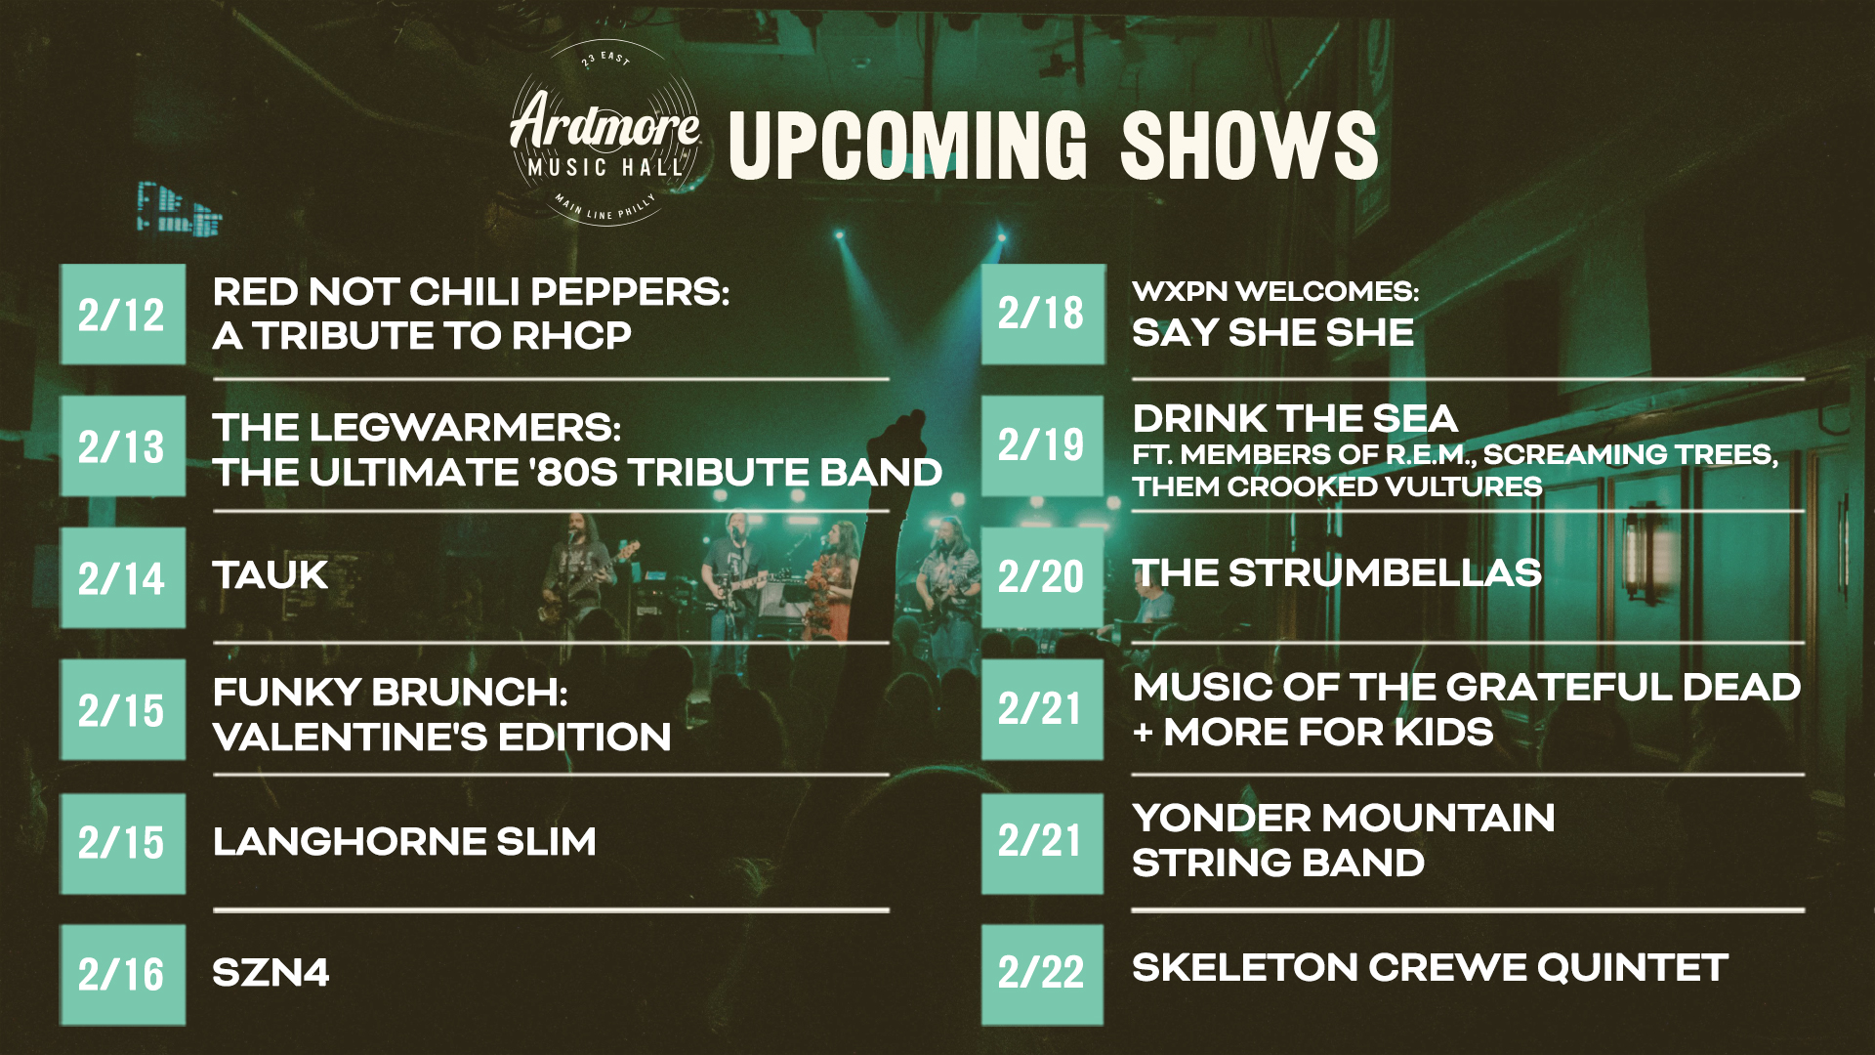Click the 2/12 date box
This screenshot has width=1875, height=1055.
tap(123, 315)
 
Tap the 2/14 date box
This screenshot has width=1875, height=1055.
tap(123, 578)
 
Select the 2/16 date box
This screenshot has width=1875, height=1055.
tap(123, 974)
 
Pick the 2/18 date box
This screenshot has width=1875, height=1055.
tap(1043, 315)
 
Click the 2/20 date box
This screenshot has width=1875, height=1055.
tap(1043, 578)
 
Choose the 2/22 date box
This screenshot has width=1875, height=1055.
tap(1043, 974)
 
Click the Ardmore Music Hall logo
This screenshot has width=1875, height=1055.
tap(605, 134)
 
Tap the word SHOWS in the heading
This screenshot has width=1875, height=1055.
tap(1249, 146)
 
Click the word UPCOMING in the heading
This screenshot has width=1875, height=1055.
tap(908, 146)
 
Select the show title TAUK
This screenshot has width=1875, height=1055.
tap(271, 575)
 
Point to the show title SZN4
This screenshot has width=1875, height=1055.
tap(271, 973)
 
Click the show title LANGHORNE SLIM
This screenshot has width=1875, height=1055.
tap(404, 841)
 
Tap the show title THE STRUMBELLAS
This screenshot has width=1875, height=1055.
tap(1337, 573)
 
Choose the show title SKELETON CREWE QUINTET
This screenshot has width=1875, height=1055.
tap(1431, 968)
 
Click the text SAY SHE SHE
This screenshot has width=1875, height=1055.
tap(1272, 333)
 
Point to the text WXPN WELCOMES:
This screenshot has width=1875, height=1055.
tap(1275, 291)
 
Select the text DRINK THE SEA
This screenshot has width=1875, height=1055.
tap(1295, 419)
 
